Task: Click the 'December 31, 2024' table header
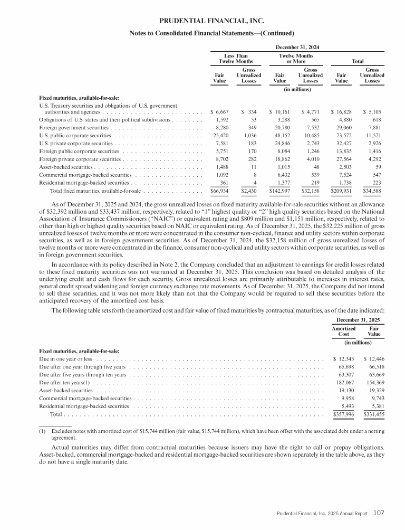click(295, 46)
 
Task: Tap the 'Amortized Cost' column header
click(343, 332)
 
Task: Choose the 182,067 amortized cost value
click(343, 382)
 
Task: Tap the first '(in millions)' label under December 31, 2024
click(295, 89)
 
